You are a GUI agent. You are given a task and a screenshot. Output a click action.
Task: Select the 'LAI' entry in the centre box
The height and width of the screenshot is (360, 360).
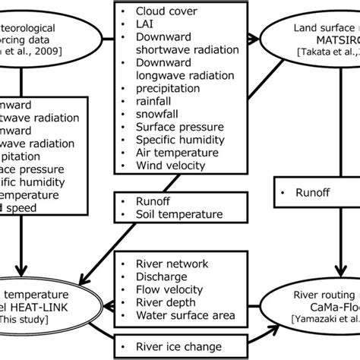pos(144,27)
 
